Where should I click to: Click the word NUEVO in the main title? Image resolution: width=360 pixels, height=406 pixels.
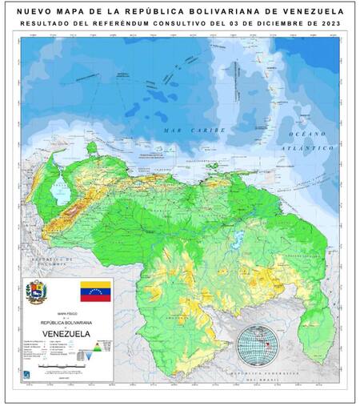coord(32,11)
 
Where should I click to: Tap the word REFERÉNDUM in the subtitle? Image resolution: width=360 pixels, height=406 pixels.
coord(127,25)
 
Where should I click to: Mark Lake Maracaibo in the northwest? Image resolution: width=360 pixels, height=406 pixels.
coord(58,192)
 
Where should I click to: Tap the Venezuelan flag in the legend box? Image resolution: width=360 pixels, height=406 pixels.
coord(94,290)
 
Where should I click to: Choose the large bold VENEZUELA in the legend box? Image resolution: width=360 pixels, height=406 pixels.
coord(66,332)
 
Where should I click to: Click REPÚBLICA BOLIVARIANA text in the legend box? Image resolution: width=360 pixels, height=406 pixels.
coord(66,322)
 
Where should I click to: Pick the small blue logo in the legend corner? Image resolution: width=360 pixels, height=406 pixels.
coord(29,372)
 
